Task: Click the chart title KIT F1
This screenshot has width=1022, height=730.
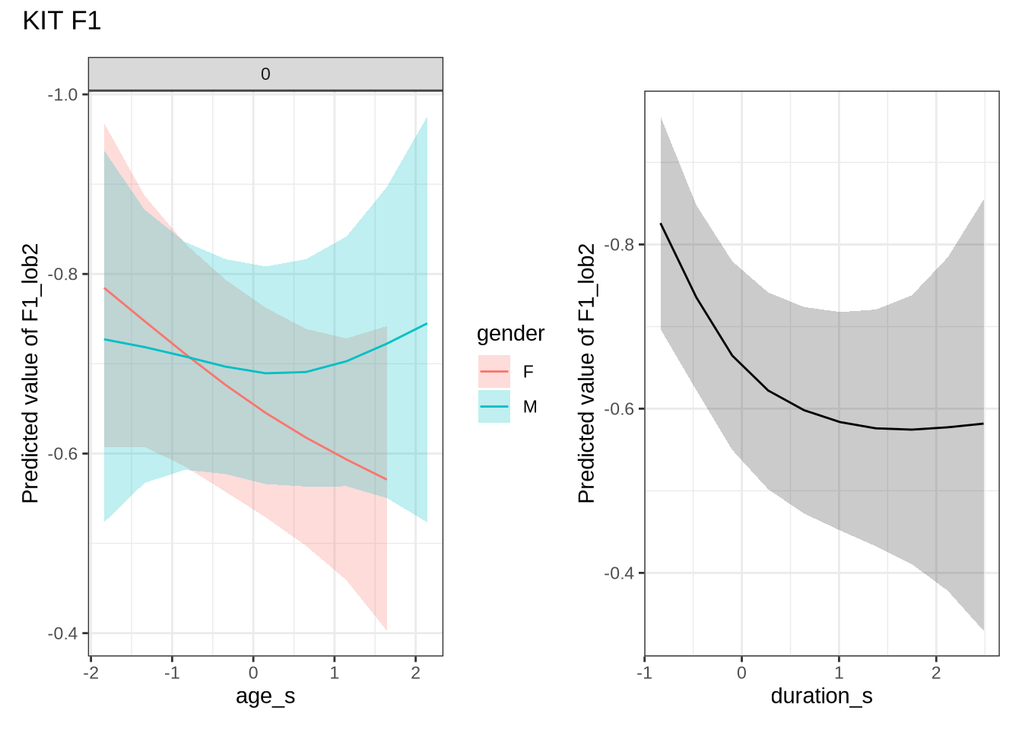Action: [x=62, y=21]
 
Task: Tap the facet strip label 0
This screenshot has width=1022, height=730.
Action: [x=265, y=75]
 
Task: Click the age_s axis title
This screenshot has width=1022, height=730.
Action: [x=265, y=696]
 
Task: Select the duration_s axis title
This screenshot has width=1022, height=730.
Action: [x=821, y=696]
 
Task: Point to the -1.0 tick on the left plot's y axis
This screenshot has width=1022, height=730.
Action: [x=63, y=95]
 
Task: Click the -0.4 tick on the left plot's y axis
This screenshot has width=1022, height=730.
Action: [x=63, y=633]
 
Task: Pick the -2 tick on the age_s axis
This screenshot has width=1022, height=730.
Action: [x=91, y=673]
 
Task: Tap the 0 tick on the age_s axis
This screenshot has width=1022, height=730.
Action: [x=253, y=673]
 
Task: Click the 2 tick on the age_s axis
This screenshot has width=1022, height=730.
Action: [x=415, y=673]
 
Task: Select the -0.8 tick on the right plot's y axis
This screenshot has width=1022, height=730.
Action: [x=619, y=245]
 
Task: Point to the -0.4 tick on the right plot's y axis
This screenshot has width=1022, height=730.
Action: [x=619, y=573]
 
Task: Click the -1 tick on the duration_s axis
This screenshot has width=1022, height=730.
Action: [x=645, y=673]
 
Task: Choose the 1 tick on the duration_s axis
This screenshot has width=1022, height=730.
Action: [x=839, y=673]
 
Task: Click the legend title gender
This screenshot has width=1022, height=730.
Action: [x=510, y=334]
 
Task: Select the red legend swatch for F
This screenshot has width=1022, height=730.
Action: [x=494, y=372]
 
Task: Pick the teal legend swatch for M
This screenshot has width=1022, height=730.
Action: [x=494, y=407]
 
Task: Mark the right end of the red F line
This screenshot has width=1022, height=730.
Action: [x=387, y=479]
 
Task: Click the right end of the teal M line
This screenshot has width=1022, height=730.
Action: [x=427, y=324]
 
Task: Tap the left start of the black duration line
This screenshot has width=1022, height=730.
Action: [x=661, y=224]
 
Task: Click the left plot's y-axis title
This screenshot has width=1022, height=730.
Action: [x=30, y=373]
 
